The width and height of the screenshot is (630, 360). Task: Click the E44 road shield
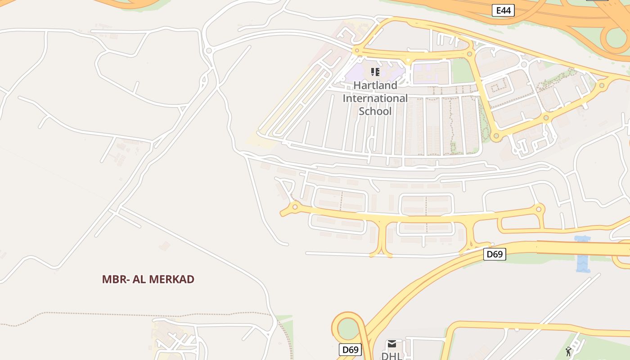point(503,10)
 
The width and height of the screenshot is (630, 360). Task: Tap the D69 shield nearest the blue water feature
point(495,254)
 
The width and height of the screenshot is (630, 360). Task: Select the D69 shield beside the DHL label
point(350,350)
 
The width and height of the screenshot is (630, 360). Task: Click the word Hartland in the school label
point(375,85)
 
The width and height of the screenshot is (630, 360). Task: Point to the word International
point(375,98)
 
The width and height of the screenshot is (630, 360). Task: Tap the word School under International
point(375,111)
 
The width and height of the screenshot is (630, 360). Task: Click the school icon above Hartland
point(375,72)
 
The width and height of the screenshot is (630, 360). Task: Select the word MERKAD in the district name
point(171,279)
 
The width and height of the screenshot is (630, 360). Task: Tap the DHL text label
point(391,355)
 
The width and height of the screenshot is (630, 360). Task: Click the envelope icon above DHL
point(392,344)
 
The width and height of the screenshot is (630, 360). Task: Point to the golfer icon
point(569,351)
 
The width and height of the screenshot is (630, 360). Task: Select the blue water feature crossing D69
point(583,254)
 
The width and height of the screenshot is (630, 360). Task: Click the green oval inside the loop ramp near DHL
point(347,329)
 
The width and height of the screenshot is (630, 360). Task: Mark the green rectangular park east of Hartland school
point(463,71)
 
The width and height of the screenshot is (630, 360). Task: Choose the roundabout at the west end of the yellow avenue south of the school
point(295,207)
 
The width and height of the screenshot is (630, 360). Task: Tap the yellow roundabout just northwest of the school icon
point(357,51)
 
